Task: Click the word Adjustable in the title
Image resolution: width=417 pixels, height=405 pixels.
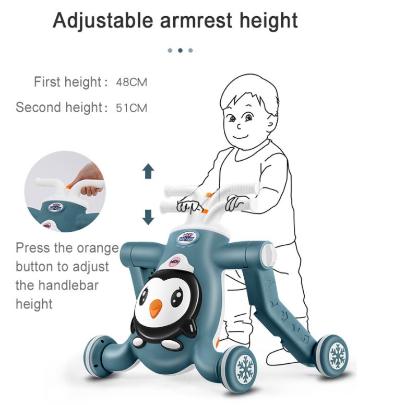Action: tap(103, 21)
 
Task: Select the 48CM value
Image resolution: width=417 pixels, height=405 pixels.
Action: tap(132, 82)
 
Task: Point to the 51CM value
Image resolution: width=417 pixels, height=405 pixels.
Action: tap(132, 108)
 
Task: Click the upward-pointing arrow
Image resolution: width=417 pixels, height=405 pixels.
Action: tap(148, 171)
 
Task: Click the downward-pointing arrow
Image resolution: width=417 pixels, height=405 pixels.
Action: tap(148, 217)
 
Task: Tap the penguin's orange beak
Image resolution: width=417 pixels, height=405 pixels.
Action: tap(156, 308)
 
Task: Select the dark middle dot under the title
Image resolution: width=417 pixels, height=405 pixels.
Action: tap(180, 50)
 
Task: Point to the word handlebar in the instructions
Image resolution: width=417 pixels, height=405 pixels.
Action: tap(68, 285)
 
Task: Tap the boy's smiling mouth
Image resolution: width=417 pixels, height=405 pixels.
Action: tap(241, 137)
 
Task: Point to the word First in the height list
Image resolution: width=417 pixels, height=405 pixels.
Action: tap(47, 82)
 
